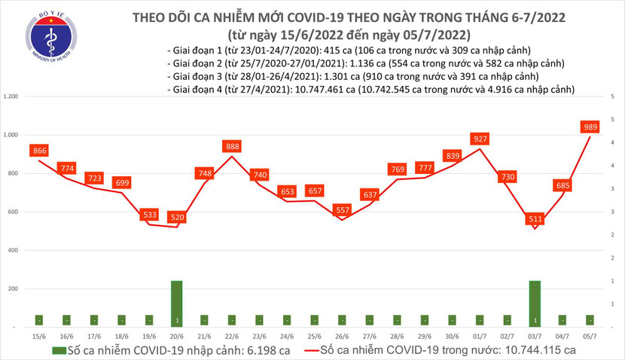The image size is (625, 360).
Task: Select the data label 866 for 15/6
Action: pyautogui.click(x=39, y=151)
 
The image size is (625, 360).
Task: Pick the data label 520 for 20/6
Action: pyautogui.click(x=178, y=218)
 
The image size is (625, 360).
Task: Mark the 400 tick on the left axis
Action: pyautogui.click(x=13, y=250)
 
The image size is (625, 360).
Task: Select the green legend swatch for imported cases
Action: pyautogui.click(x=59, y=350)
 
